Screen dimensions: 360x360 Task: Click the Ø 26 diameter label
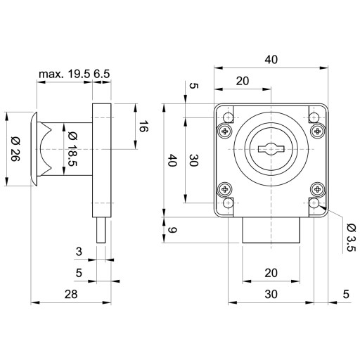point(15,149)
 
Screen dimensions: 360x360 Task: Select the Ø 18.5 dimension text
point(72,149)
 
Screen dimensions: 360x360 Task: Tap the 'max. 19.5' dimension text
point(65,74)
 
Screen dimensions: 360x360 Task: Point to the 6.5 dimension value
point(102,74)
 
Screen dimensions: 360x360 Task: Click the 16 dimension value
point(143,126)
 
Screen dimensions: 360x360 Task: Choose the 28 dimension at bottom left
point(71,294)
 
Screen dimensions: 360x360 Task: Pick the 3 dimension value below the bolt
point(79,252)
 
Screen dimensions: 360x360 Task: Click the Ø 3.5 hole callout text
point(352,237)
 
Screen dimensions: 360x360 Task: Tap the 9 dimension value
point(172,230)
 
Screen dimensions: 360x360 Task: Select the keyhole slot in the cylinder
point(271,149)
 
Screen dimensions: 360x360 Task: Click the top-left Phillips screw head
point(225,131)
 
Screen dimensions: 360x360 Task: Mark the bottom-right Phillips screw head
point(317,189)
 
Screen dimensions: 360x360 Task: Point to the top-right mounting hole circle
point(314,117)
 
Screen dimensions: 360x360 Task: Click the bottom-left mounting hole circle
point(228,203)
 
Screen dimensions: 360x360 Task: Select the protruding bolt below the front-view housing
point(271,230)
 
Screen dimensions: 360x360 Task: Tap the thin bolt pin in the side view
point(101,230)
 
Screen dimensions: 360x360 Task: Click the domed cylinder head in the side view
point(34,149)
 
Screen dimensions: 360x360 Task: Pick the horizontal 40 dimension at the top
point(271,60)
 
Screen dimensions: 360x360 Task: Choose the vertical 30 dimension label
point(193,160)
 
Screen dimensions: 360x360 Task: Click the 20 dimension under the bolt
point(271,273)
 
